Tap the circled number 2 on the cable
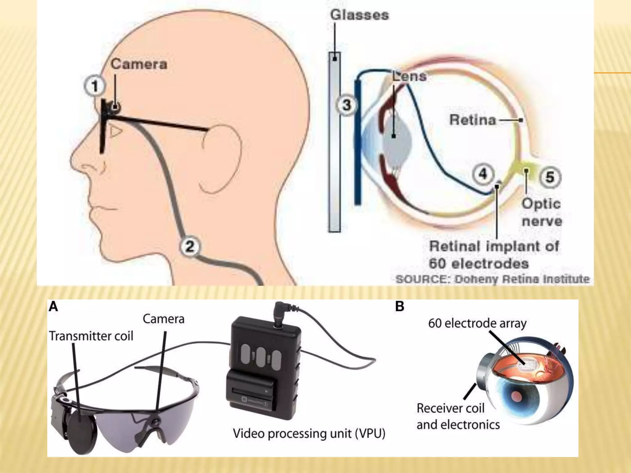pos(190,246)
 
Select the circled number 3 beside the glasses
pos(347,105)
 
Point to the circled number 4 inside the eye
pos(482,174)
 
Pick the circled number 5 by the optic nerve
pos(550,177)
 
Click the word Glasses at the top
pos(360,15)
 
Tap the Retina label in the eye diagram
pos(473,120)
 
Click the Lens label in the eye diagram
pos(410,76)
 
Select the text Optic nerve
pos(541,212)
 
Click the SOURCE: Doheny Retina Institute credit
pos(492,279)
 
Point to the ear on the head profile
pos(220,160)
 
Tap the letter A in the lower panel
pos(53,307)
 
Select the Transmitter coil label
pos(91,336)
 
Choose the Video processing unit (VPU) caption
pos(309,433)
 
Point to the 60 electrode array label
pos(477,323)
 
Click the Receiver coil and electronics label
pos(458,416)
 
